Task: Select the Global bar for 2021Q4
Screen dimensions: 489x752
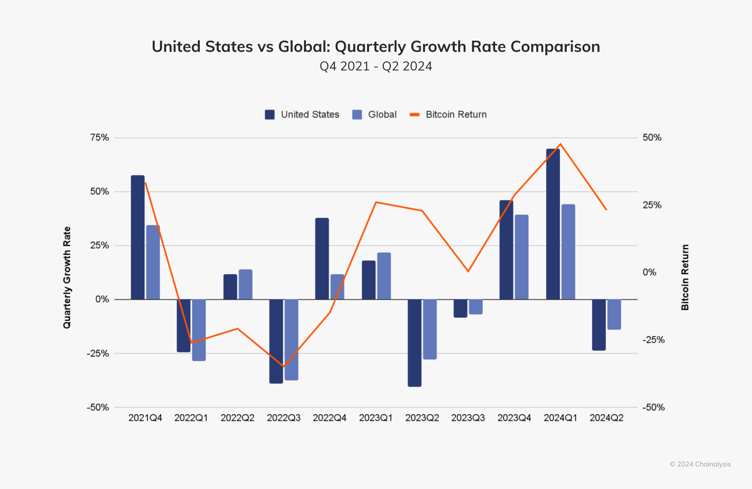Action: click(153, 262)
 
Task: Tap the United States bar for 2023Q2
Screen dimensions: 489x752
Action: click(414, 343)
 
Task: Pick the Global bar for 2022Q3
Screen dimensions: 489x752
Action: click(291, 340)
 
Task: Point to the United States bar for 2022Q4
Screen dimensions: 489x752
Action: click(322, 259)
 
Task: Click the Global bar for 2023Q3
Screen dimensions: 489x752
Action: click(476, 307)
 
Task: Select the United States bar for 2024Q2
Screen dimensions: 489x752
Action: click(599, 325)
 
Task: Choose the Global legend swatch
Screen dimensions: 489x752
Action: click(357, 114)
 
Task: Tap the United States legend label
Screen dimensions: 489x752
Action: click(310, 114)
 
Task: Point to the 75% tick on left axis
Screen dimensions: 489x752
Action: click(99, 138)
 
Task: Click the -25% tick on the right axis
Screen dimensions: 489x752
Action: click(653, 340)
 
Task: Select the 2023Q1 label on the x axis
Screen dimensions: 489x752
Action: click(376, 418)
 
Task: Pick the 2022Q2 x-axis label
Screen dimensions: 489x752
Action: click(237, 418)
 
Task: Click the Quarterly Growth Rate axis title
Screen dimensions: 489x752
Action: click(67, 277)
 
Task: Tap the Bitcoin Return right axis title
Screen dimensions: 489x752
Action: click(685, 277)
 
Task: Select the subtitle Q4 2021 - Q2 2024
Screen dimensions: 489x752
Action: click(376, 66)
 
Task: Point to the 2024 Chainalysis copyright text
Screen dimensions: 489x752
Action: click(700, 464)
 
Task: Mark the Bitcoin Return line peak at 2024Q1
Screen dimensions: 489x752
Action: click(560, 144)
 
